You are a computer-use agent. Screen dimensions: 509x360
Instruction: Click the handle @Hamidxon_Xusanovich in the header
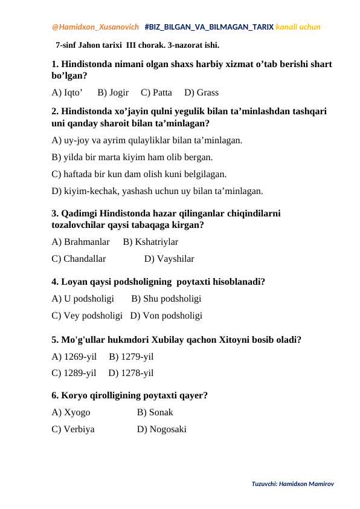[95, 27]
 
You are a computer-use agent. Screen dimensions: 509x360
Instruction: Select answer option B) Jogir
[113, 92]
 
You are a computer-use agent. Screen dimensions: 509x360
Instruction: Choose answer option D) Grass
[201, 92]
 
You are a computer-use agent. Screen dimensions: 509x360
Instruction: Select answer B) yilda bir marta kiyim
[132, 158]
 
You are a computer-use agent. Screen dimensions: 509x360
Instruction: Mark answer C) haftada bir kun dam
[140, 175]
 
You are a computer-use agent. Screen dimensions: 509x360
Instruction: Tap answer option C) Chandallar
[79, 259]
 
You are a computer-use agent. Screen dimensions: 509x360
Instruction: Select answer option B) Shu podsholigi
[166, 298]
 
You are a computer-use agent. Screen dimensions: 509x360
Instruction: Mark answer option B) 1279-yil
[131, 356]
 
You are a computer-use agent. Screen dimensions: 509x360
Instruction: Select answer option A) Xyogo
[71, 412]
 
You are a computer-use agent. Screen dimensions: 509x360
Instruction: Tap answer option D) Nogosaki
[161, 429]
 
